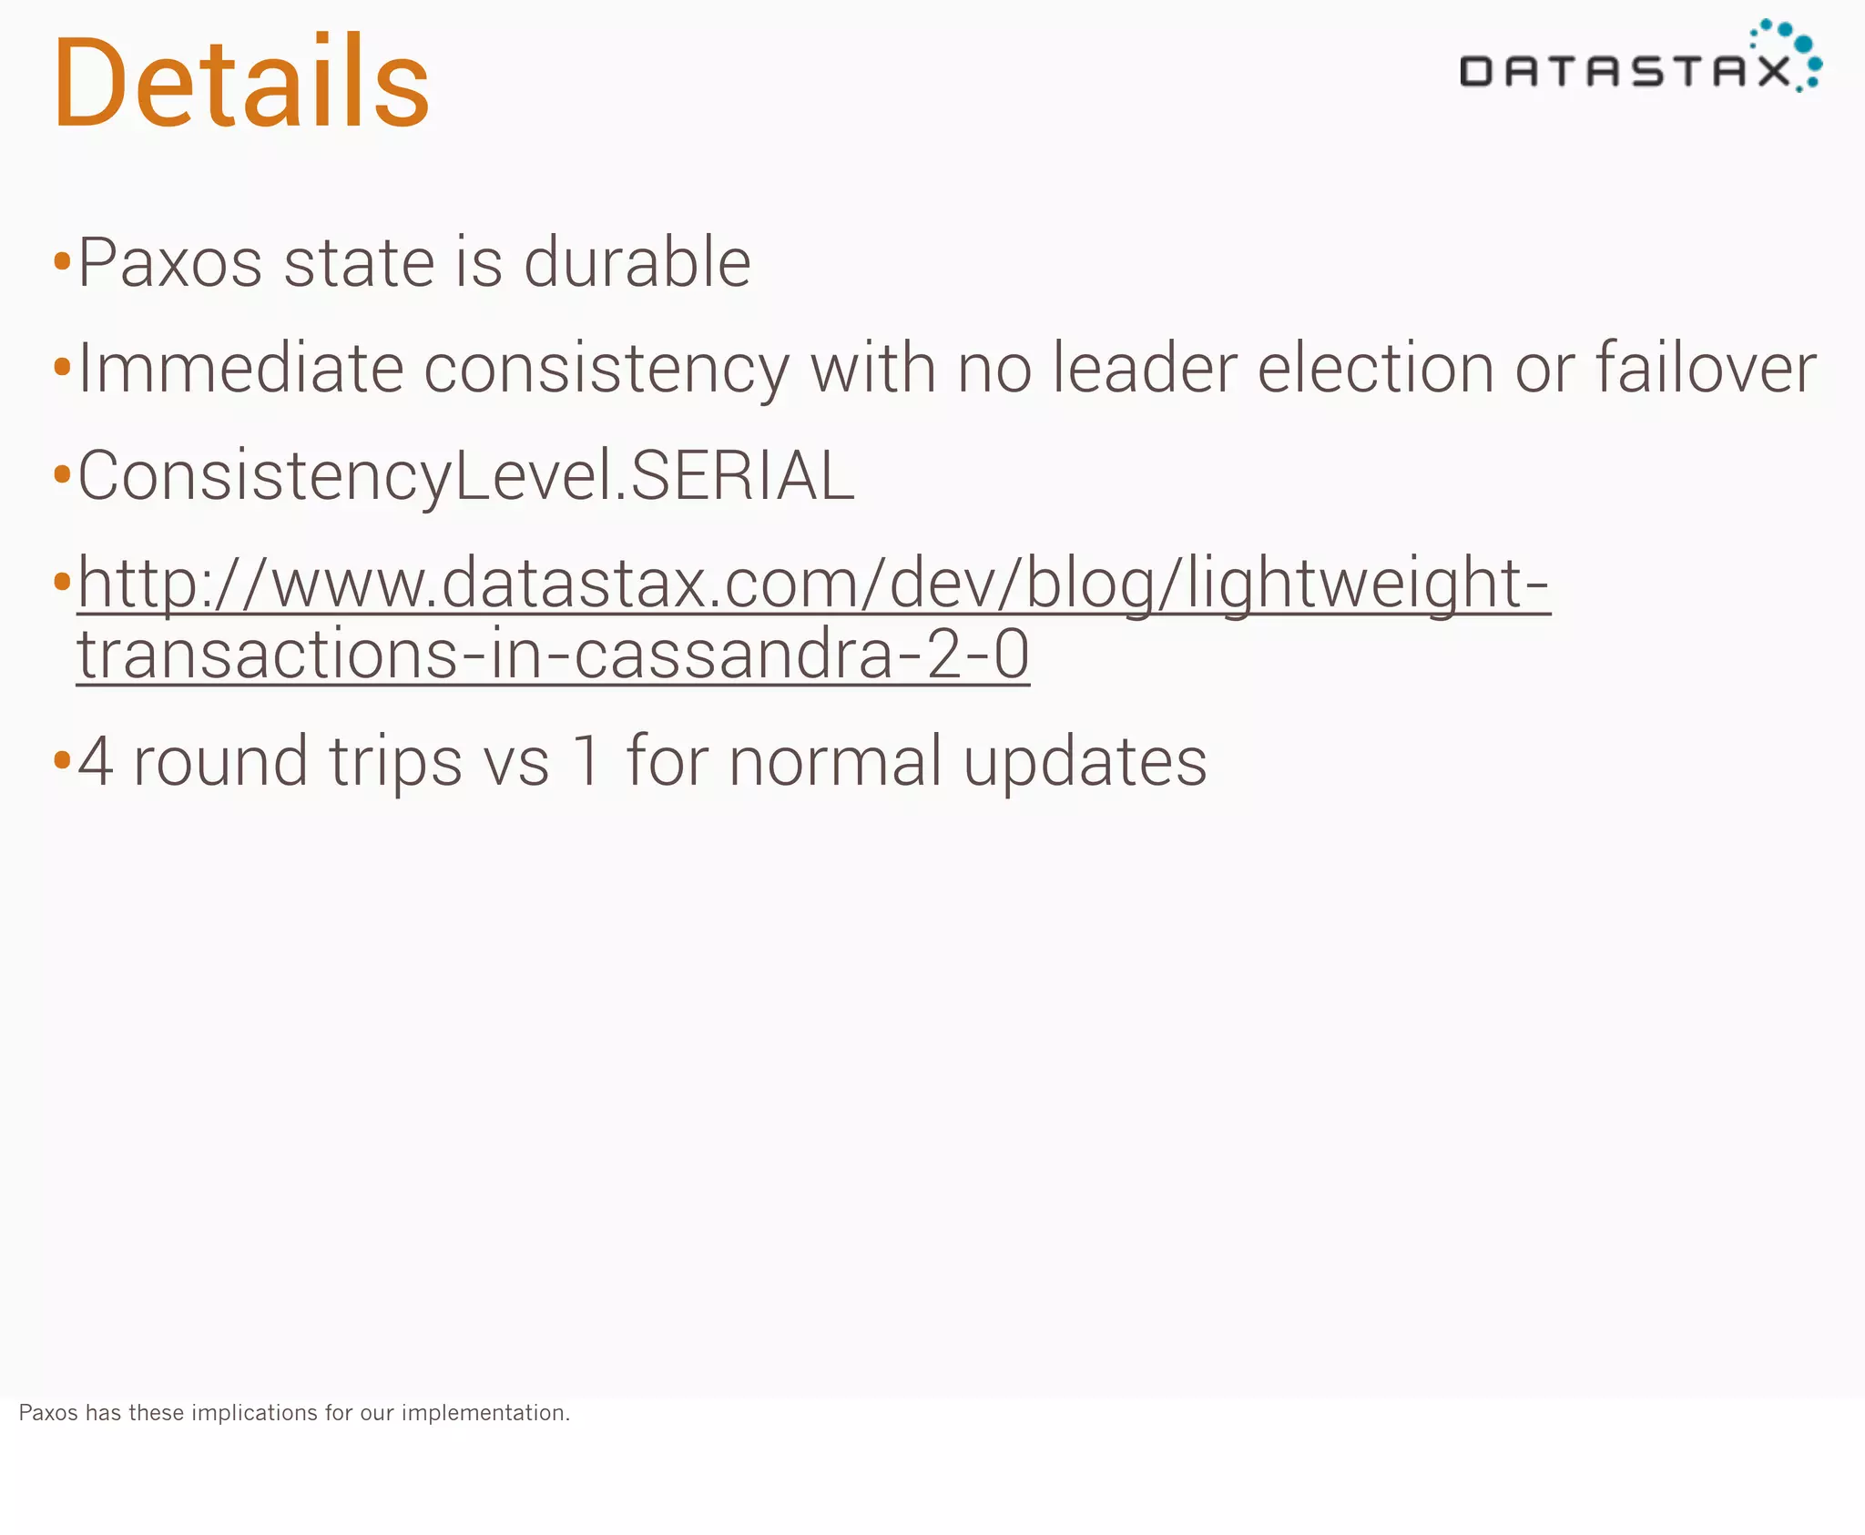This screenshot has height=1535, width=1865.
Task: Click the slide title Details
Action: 241,82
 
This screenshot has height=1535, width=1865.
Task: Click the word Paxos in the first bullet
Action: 169,263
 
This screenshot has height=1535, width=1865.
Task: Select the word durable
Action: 637,263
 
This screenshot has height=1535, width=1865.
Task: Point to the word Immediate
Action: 240,369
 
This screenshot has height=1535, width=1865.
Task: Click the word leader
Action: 1144,369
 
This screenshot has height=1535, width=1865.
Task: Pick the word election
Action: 1375,369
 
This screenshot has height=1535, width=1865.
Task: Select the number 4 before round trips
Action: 96,761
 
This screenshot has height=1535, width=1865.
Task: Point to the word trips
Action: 395,763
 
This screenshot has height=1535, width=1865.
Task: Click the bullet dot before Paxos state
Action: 62,263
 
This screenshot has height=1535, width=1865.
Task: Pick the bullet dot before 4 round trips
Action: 62,759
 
